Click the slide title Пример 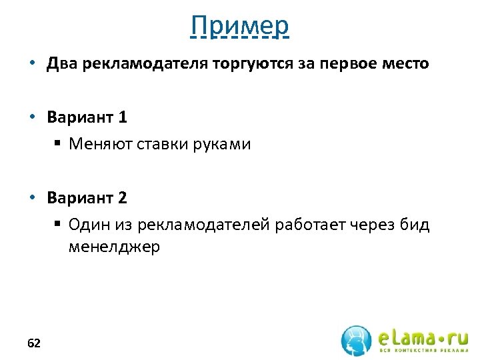click(239, 26)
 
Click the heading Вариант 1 click(87, 117)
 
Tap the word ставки click(161, 144)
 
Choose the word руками click(221, 144)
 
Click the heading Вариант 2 click(87, 197)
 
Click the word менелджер click(114, 247)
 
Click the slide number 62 click(34, 343)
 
